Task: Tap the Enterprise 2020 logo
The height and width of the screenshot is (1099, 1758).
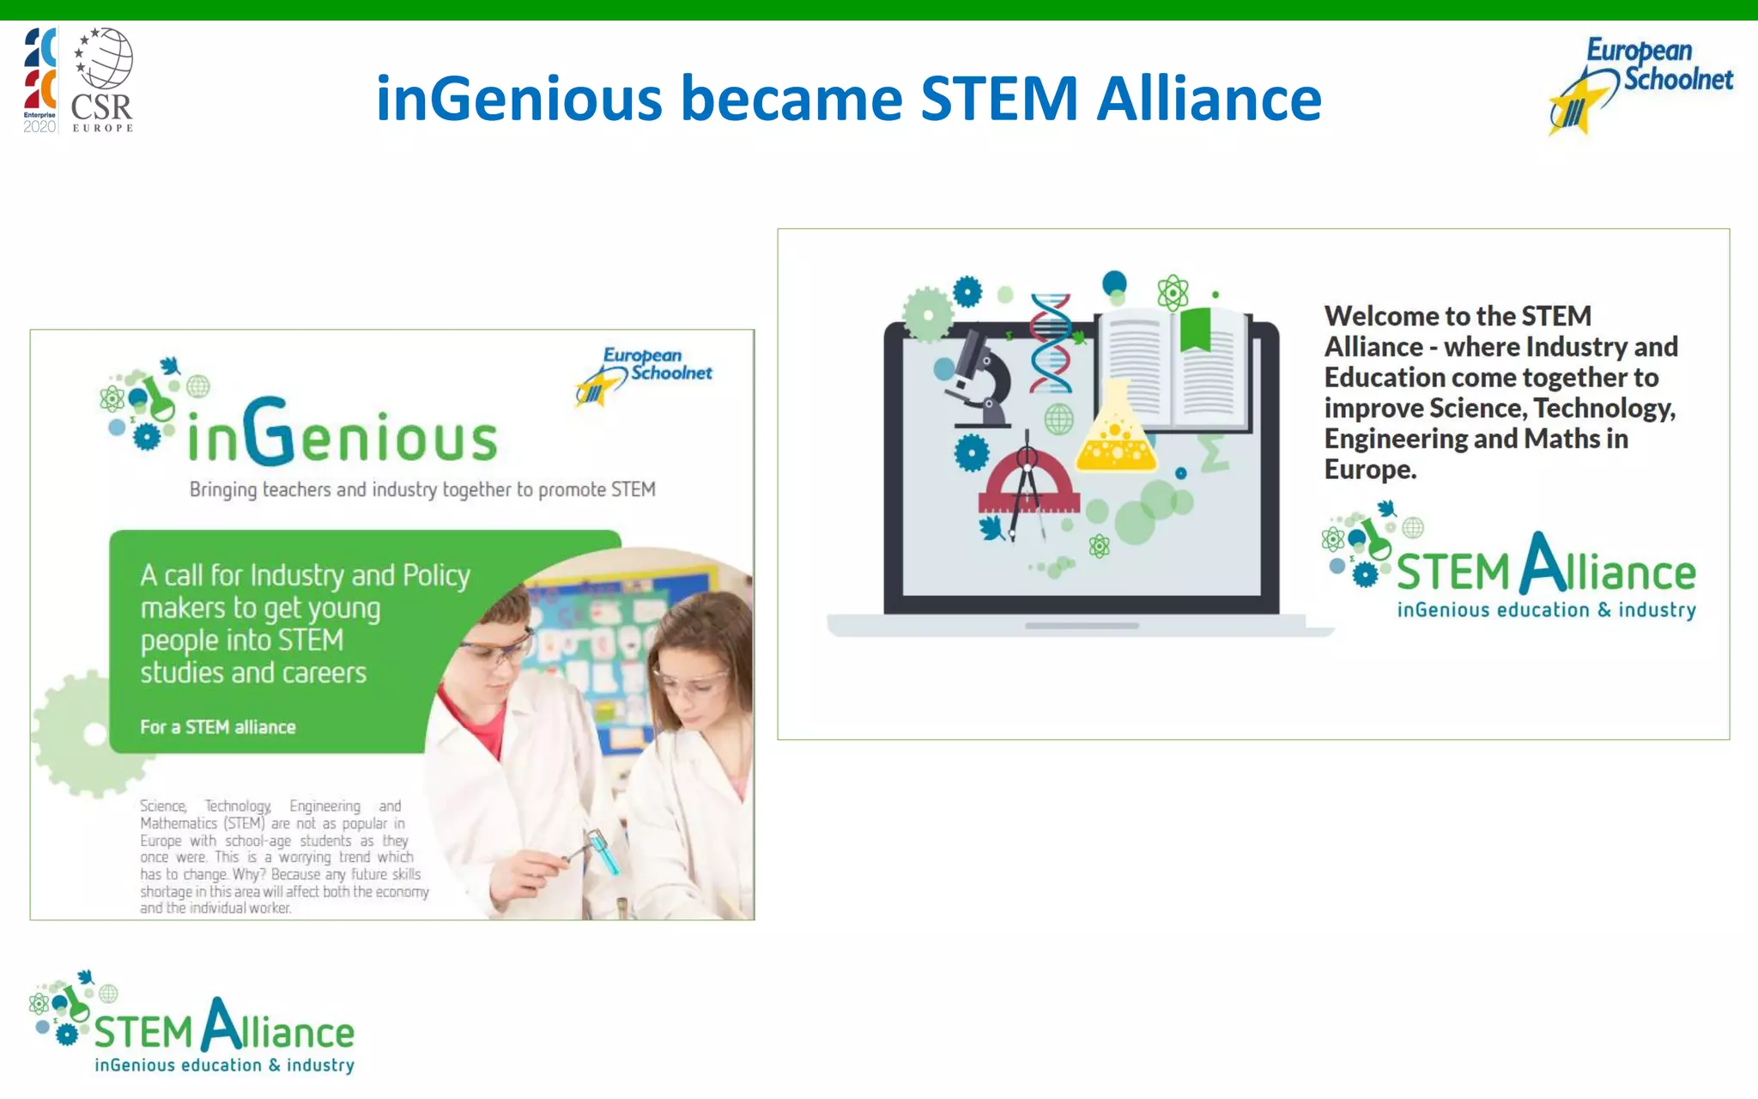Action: (x=39, y=80)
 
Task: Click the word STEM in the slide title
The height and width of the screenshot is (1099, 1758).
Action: (x=999, y=99)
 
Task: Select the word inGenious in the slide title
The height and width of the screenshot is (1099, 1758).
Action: (x=519, y=99)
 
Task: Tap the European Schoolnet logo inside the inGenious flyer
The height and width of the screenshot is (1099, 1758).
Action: (x=645, y=375)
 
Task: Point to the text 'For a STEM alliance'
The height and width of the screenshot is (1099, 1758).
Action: (x=218, y=727)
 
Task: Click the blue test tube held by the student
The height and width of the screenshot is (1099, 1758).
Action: (x=603, y=851)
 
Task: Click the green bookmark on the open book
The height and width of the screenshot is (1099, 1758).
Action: (x=1195, y=330)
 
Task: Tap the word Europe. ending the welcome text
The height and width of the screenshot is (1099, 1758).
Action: (x=1370, y=470)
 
